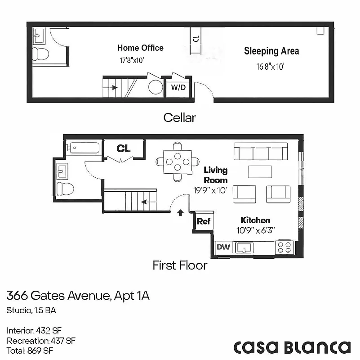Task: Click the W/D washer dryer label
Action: pos(178,87)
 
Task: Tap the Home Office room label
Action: pos(140,48)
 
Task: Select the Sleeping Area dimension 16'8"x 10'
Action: pos(271,67)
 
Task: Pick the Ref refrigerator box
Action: pos(204,221)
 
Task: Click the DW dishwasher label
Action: pos(222,247)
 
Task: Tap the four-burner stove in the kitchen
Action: pos(284,247)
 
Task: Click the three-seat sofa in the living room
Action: pos(260,153)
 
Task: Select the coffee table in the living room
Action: pos(260,172)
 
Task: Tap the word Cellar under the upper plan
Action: pos(180,118)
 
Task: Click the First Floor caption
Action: pos(180,265)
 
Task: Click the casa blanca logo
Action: pos(292,347)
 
